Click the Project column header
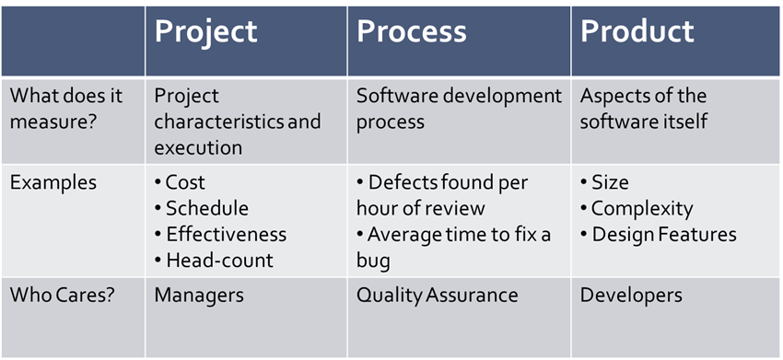coord(205,32)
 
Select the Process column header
coord(412,32)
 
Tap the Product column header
coord(637,31)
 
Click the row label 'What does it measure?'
coord(66,109)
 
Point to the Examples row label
coord(53,182)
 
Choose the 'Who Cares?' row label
coord(62,296)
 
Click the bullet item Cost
coord(180,182)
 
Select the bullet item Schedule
coord(201,208)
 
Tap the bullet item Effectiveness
coord(221,234)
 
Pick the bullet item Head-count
coord(215,261)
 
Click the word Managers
coord(199,296)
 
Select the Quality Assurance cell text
coord(437,296)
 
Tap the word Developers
coord(631,296)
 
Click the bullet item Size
coord(604,182)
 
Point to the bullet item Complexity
coord(637,209)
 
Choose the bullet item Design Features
coord(659,235)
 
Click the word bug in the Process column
coord(373,261)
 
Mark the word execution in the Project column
coord(198,148)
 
